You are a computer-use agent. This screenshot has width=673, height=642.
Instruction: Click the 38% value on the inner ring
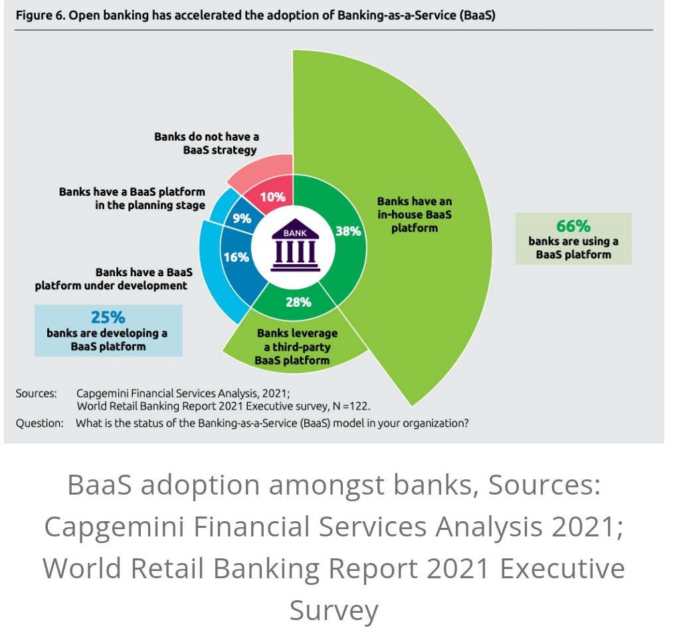coord(348,231)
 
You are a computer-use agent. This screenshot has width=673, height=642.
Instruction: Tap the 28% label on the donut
coord(298,302)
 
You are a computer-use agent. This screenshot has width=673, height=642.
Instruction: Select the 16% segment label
coord(237,257)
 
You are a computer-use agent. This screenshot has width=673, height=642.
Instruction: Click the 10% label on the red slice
coord(272,197)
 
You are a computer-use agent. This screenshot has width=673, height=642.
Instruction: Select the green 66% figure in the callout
coord(573,226)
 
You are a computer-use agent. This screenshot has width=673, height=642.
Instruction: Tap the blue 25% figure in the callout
coord(108,317)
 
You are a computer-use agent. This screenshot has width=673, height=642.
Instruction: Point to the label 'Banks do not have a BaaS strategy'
coord(207,143)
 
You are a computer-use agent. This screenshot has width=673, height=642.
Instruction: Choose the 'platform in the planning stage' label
coord(132,198)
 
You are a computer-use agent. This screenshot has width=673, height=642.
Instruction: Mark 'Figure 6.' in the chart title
coord(38,16)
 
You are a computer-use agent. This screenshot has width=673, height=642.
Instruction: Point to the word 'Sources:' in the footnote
coord(37,393)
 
